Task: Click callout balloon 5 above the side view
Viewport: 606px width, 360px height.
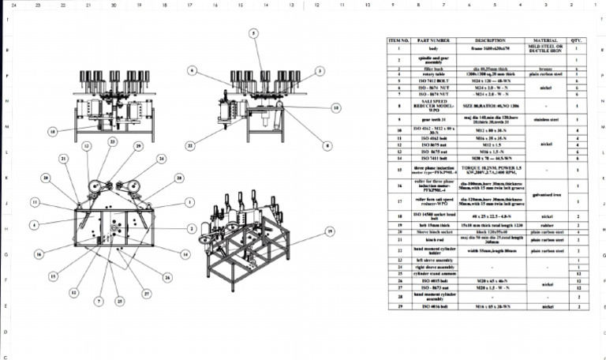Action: click(x=253, y=33)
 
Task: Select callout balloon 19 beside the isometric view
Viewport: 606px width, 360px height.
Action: click(x=330, y=231)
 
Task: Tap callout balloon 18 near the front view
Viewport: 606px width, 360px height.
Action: click(x=52, y=132)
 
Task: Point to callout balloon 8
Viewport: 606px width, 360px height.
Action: click(x=326, y=144)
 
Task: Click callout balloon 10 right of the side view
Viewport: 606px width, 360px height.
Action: click(x=335, y=106)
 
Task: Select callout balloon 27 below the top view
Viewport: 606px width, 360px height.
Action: click(x=145, y=293)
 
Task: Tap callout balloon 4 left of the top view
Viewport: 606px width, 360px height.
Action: click(x=35, y=225)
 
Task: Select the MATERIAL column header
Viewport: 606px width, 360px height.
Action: click(x=545, y=39)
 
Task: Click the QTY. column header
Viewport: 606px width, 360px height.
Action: click(x=578, y=39)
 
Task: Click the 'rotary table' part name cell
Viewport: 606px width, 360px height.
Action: click(x=433, y=73)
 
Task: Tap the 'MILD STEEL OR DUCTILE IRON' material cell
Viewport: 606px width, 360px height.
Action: click(x=545, y=48)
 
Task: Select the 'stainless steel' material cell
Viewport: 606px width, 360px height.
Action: click(x=545, y=119)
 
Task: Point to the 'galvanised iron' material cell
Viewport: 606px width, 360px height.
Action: click(x=545, y=193)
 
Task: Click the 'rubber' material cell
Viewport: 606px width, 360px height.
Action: click(x=545, y=224)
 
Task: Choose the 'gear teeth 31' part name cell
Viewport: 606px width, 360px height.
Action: click(x=433, y=119)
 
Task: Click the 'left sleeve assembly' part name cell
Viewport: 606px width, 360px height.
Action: click(x=433, y=260)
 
